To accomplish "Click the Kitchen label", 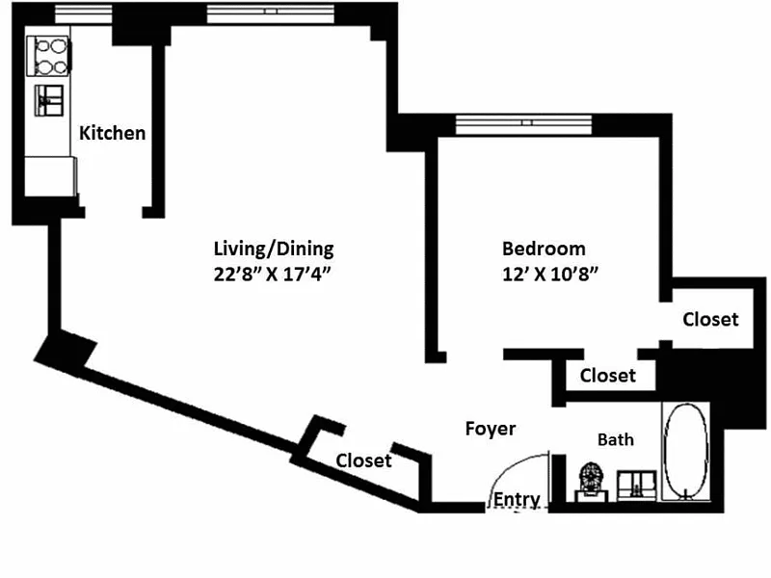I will [x=112, y=133].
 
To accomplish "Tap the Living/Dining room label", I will [x=273, y=249].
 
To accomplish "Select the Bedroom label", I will [x=545, y=249].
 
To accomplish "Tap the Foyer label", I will [x=491, y=429].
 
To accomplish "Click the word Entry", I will [x=517, y=499].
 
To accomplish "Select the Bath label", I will [x=616, y=439].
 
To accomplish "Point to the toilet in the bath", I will [x=590, y=481].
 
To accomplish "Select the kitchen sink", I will [x=50, y=99].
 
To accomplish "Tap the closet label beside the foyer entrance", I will [x=363, y=461].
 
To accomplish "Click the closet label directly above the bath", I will [x=608, y=376].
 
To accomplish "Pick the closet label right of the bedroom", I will [x=710, y=319].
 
